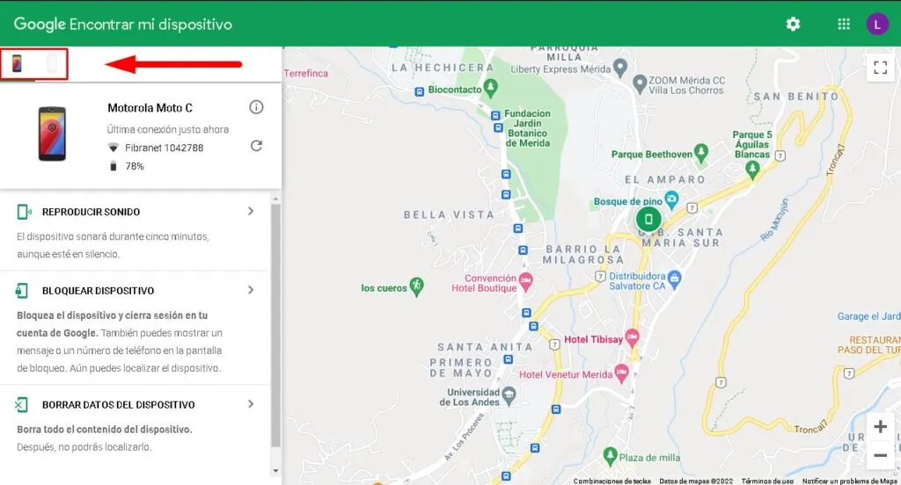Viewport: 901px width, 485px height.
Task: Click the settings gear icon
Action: (x=793, y=24)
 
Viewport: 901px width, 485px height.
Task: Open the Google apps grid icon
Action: (x=844, y=24)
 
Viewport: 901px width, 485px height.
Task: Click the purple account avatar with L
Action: (x=877, y=24)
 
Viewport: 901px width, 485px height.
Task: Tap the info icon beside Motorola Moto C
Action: (x=256, y=107)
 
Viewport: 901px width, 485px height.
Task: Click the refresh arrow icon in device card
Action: (x=256, y=146)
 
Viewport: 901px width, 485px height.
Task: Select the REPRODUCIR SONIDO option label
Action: (x=91, y=212)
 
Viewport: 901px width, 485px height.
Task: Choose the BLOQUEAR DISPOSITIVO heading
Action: (x=98, y=291)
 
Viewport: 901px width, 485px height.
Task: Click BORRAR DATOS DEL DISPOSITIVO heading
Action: (x=118, y=405)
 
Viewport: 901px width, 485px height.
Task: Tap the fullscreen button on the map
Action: (x=879, y=68)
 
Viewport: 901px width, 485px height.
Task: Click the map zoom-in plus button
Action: (x=879, y=427)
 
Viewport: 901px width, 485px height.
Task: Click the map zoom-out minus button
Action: (x=879, y=455)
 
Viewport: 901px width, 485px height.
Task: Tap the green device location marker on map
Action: (x=648, y=219)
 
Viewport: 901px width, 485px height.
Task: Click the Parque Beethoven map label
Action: (x=651, y=155)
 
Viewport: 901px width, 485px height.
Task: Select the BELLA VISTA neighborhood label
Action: (x=436, y=214)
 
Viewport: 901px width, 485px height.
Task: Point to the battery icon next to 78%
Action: (x=113, y=165)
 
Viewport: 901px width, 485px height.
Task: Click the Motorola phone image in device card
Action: (x=52, y=134)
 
